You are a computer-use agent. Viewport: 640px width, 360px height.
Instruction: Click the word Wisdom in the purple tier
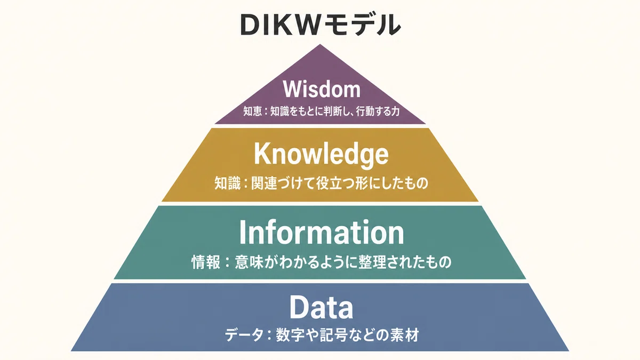pos(322,89)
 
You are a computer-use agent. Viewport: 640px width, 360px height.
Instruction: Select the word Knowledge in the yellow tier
pos(322,154)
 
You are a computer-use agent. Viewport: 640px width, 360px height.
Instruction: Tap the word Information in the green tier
pos(322,233)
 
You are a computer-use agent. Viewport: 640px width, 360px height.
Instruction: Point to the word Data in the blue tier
pos(322,307)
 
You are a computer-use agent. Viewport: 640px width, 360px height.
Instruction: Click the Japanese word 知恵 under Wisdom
pos(253,111)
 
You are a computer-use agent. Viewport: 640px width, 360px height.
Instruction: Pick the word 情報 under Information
pos(206,262)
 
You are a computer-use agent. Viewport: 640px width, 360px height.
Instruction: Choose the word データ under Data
pos(244,335)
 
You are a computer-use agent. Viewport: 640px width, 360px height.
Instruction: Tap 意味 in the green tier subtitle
pos(249,262)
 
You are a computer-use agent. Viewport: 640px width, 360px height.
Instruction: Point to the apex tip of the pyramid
pos(320,44)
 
